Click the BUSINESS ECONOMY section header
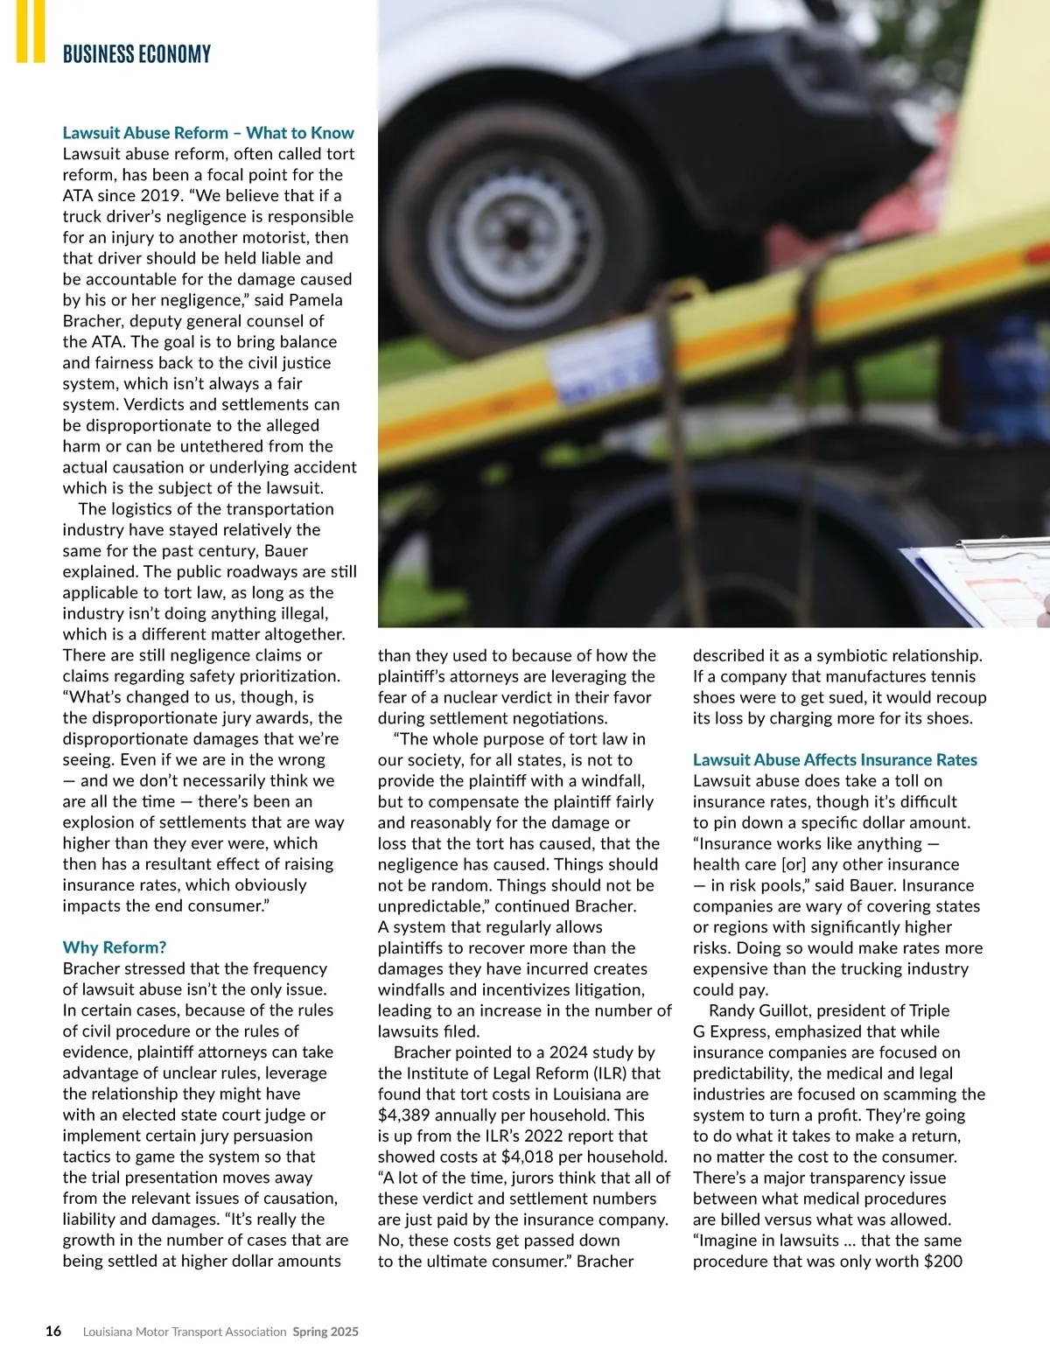click(x=136, y=54)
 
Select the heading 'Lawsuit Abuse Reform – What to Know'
click(x=208, y=133)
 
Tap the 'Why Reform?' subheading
click(x=114, y=947)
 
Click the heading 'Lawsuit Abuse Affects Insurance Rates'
click(x=835, y=760)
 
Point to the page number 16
click(x=53, y=1332)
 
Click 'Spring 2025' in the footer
click(x=325, y=1332)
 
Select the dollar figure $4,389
click(x=406, y=1115)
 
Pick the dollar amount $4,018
click(x=528, y=1157)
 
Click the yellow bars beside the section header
click(x=30, y=31)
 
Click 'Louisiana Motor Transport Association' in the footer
click(x=185, y=1332)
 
